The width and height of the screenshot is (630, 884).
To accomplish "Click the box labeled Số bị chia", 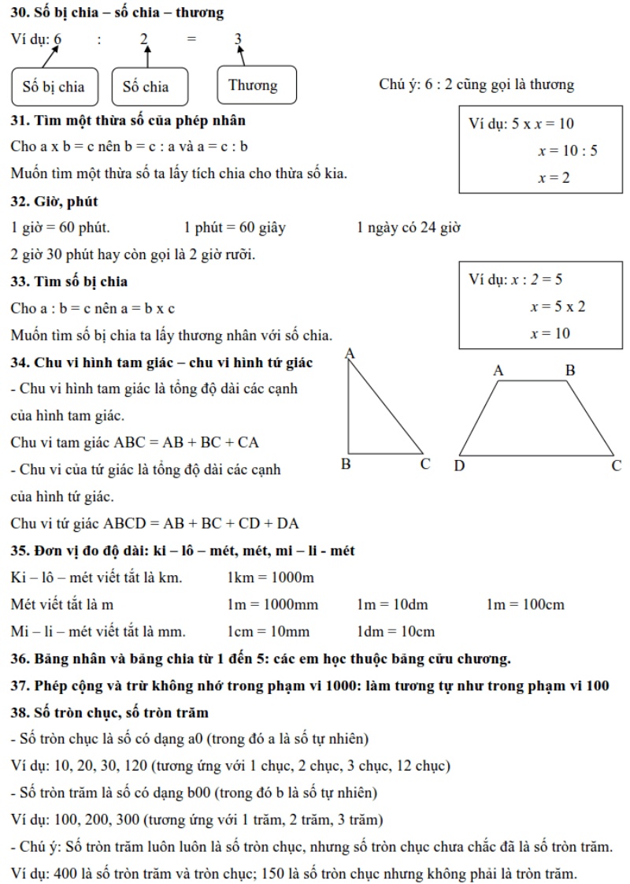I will tap(54, 86).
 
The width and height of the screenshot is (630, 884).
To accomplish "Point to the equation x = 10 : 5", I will tap(567, 150).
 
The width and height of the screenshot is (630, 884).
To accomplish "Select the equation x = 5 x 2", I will tap(558, 306).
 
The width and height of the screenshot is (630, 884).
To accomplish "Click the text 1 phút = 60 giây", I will tap(235, 228).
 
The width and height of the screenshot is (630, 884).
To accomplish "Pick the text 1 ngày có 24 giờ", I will tap(408, 228).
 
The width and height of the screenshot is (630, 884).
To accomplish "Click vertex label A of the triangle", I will tap(350, 354).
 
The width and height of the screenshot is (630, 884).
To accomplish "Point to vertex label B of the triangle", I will tap(346, 463).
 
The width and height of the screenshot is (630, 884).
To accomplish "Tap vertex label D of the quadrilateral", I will tap(459, 466).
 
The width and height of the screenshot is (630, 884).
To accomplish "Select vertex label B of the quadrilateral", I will tap(570, 370).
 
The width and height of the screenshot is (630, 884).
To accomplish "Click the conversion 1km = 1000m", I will tap(270, 578).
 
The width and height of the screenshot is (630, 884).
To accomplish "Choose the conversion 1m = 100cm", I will tap(524, 604).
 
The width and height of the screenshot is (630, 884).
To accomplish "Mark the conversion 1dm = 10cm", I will tap(395, 631).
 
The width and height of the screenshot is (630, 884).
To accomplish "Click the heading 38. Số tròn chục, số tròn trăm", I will tap(109, 712).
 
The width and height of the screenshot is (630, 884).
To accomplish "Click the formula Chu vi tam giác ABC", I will tap(135, 442).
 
